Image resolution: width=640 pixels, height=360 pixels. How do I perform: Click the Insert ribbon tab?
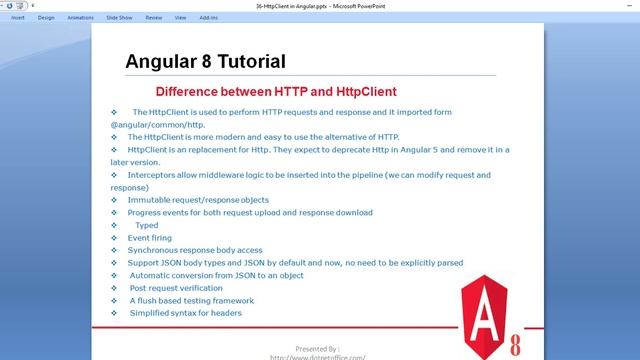[x=18, y=17]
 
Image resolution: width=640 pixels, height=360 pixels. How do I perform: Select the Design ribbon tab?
[x=46, y=17]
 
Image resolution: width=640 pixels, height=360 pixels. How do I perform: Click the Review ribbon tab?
[x=153, y=17]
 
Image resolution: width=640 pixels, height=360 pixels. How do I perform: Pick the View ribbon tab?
[x=180, y=17]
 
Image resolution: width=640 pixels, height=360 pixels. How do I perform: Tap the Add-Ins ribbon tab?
[x=208, y=17]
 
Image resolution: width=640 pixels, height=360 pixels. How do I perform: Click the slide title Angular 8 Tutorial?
[x=205, y=61]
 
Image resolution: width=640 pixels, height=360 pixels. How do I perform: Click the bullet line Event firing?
[x=150, y=238]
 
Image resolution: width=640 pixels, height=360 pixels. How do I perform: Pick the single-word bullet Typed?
[x=146, y=225]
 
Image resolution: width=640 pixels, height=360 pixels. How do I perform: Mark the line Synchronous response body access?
[x=195, y=250]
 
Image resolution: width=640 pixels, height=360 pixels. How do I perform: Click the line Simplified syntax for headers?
[x=185, y=313]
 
